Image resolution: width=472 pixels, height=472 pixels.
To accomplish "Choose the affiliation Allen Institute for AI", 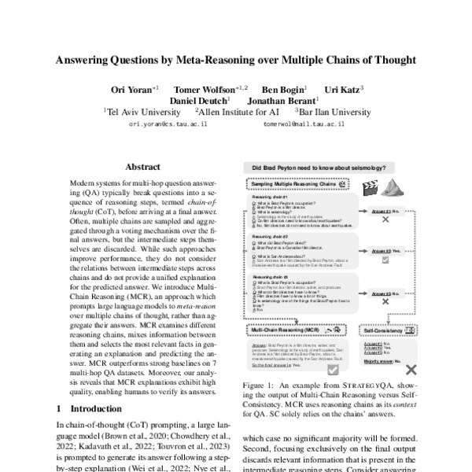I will click(238, 112).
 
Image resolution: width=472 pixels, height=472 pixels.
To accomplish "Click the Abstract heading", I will click(142, 167).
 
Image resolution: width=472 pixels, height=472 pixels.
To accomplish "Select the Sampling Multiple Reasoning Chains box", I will click(295, 183).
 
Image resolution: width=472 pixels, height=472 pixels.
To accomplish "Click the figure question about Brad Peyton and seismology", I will click(325, 168).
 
